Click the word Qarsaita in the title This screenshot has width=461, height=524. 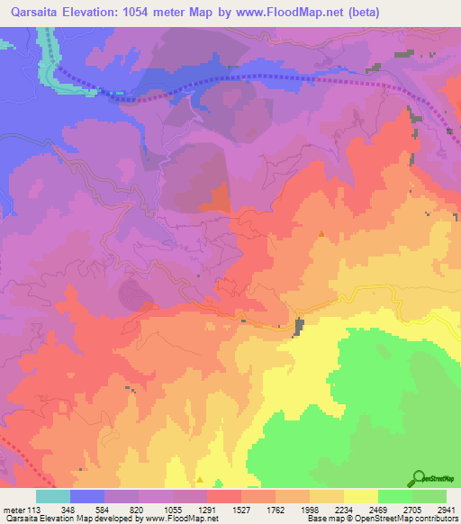pyautogui.click(x=34, y=12)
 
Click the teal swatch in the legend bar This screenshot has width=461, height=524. pyautogui.click(x=53, y=496)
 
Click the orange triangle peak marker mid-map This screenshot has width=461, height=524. pyautogui.click(x=321, y=234)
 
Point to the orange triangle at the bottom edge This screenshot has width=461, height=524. pyautogui.click(x=200, y=481)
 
